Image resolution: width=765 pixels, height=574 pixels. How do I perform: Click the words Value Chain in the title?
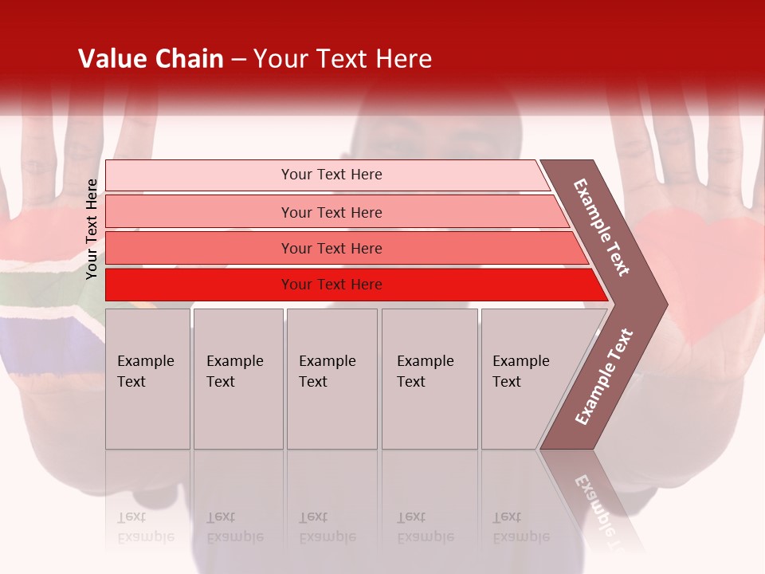[151, 59]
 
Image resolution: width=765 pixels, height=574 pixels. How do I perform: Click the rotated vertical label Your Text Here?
[92, 229]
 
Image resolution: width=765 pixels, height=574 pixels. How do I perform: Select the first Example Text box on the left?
[147, 379]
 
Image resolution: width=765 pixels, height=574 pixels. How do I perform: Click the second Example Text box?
[237, 379]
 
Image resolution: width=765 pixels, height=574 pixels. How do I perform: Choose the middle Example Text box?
[331, 379]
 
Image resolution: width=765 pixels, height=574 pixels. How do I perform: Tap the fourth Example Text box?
[429, 379]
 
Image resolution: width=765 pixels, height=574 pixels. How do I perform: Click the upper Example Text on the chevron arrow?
[602, 227]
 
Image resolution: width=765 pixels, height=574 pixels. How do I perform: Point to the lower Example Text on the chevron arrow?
[604, 376]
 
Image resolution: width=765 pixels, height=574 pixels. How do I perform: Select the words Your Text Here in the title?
[343, 59]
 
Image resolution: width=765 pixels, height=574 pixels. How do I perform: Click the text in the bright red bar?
[331, 285]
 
